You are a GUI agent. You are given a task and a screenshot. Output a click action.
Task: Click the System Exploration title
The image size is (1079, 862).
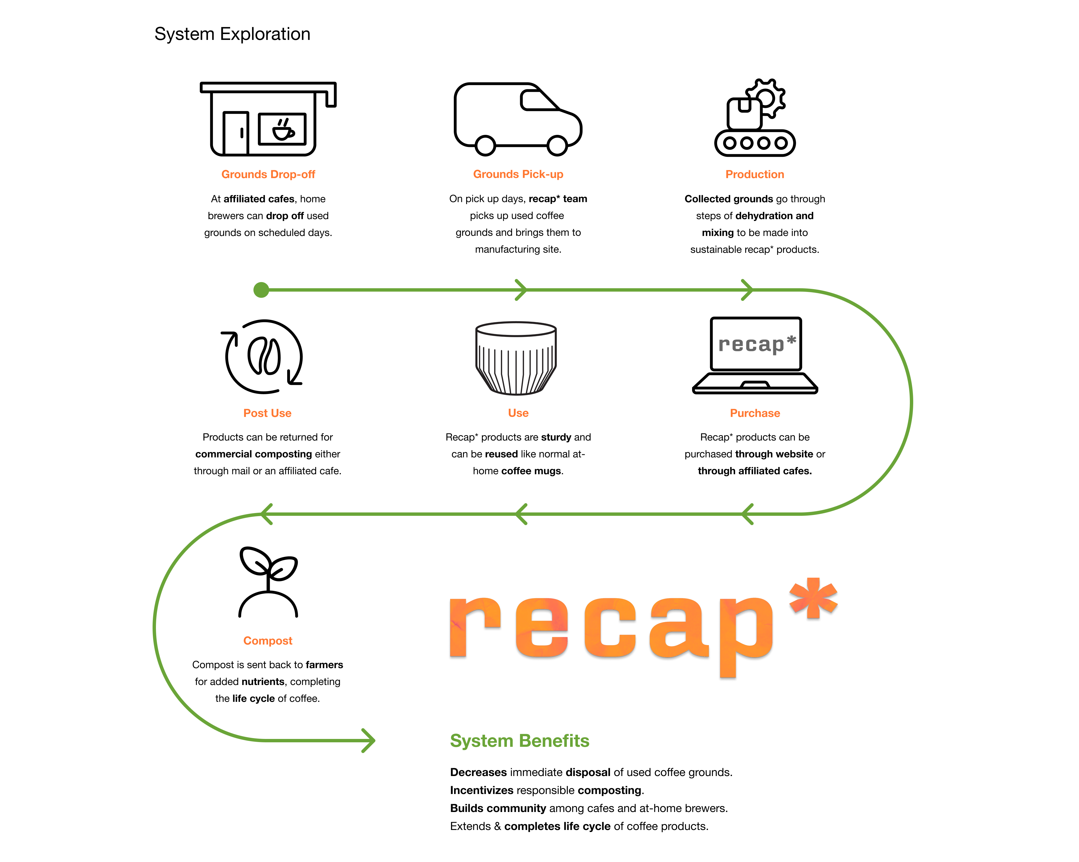[x=232, y=34]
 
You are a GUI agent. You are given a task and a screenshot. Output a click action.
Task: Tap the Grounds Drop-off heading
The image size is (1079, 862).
[x=268, y=174]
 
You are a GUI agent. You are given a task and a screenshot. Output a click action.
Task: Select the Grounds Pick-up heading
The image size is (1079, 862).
[x=518, y=174]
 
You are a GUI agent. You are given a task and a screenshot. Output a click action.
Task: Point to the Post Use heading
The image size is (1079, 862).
[x=267, y=413]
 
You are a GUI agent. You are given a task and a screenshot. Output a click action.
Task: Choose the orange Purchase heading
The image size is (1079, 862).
[x=755, y=413]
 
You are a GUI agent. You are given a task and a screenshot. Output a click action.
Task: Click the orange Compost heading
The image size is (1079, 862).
[x=268, y=640]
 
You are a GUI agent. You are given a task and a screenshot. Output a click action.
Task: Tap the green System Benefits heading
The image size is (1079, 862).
[x=520, y=740]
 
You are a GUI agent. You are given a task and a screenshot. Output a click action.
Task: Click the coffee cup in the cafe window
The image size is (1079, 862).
[x=283, y=130]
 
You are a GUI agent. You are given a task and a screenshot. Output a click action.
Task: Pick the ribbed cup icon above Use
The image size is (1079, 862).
[x=516, y=358]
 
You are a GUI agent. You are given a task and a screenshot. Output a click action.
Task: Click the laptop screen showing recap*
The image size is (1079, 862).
[x=756, y=344]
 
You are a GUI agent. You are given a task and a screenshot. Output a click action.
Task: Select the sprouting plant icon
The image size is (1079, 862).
[x=268, y=581]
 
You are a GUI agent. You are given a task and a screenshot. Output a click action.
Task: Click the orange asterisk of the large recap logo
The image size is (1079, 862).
[x=813, y=598]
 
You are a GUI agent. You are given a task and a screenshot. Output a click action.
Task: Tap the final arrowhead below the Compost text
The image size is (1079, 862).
[x=369, y=740]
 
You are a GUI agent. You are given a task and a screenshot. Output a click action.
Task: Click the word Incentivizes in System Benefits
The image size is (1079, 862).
[x=481, y=790]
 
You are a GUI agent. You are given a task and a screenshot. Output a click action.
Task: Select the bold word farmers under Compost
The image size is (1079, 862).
[x=324, y=664]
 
